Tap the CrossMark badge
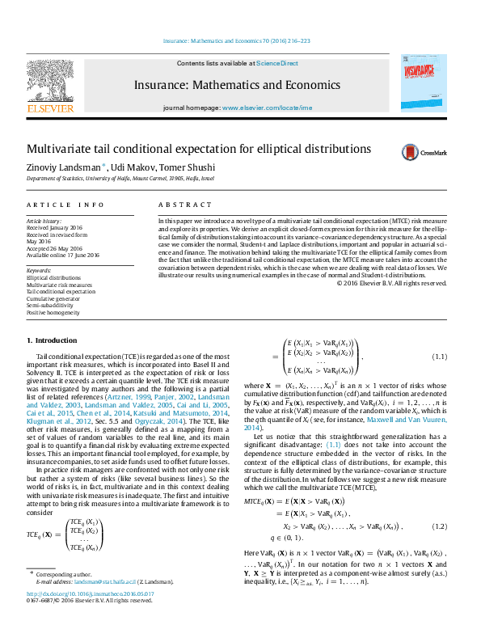click(420, 152)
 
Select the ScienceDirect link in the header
click(276, 63)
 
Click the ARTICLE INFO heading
click(65, 205)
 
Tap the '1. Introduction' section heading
click(52, 340)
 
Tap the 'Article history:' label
click(44, 221)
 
